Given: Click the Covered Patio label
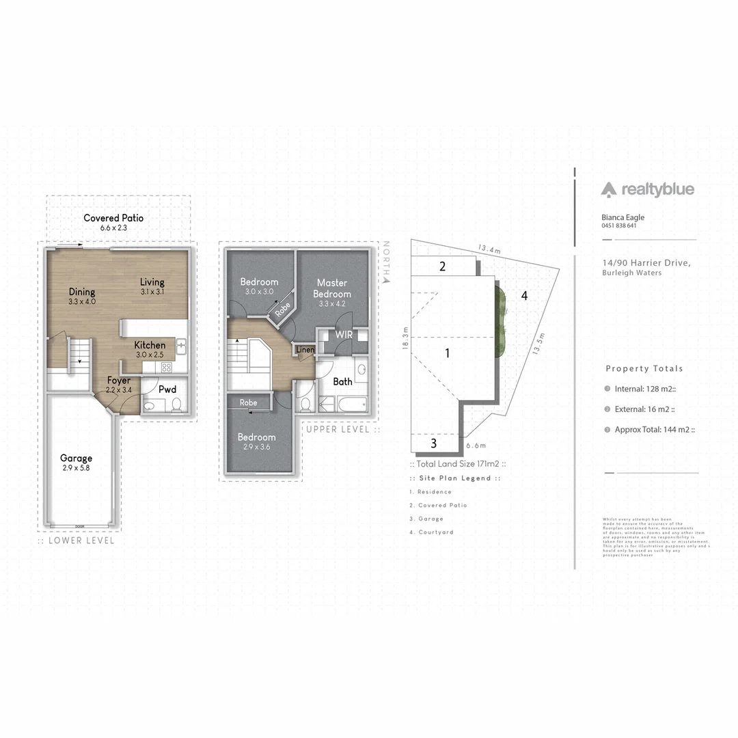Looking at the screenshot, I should point(113,219).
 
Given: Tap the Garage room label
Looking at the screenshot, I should point(76,459).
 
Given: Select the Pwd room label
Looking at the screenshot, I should point(167,389).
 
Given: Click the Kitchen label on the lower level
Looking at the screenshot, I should point(150,345).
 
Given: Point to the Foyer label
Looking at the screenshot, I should point(119,381).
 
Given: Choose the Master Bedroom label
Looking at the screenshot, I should point(332,288).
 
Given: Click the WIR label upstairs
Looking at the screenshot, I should point(343,335).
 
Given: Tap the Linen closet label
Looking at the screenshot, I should point(305,351).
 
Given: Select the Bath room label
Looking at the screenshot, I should point(342,382).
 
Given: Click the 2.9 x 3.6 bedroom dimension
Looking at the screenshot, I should point(256,447).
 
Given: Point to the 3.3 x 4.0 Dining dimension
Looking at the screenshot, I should point(82,301).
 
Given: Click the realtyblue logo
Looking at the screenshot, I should point(647,189).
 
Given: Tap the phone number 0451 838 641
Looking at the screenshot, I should point(618,226).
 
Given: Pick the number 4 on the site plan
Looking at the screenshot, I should point(524,296).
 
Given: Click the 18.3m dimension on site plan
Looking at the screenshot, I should point(405,338).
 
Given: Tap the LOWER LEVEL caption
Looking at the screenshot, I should point(77,541).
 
